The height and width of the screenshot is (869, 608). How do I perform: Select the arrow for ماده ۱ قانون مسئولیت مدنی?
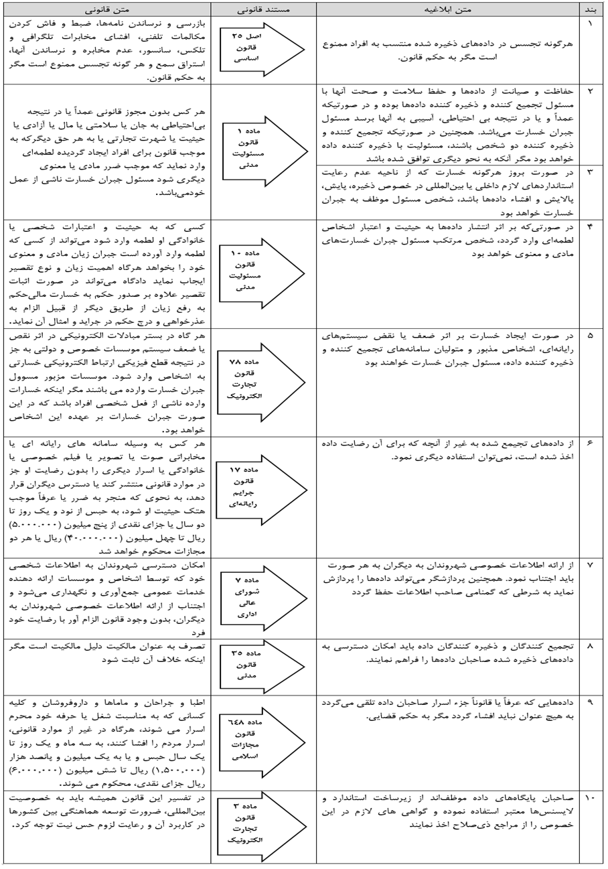257,151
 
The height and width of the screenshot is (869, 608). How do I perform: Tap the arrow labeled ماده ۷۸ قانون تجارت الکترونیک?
257,381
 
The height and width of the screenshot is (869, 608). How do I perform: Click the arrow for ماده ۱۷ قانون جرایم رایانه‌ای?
257,496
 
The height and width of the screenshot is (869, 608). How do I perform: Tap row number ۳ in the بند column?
591,172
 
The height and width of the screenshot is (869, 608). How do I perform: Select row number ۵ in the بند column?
591,334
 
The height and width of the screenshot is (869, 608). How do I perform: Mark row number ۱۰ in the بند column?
591,799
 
